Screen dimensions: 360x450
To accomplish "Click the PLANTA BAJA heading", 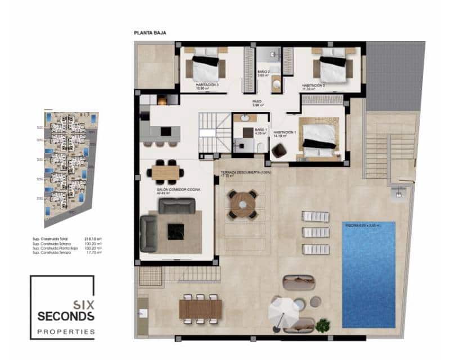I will pyautogui.click(x=150, y=33).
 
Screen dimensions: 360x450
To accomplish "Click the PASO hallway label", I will pyautogui.click(x=258, y=103).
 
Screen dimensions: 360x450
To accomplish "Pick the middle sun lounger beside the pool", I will pyautogui.click(x=315, y=232).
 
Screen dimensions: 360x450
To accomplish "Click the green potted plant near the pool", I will pyautogui.click(x=322, y=325).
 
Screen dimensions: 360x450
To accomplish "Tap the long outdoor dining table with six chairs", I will pyautogui.click(x=200, y=309).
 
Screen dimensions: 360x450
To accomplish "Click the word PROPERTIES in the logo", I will pyautogui.click(x=66, y=331).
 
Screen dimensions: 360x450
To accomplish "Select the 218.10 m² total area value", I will pyautogui.click(x=92, y=239).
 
